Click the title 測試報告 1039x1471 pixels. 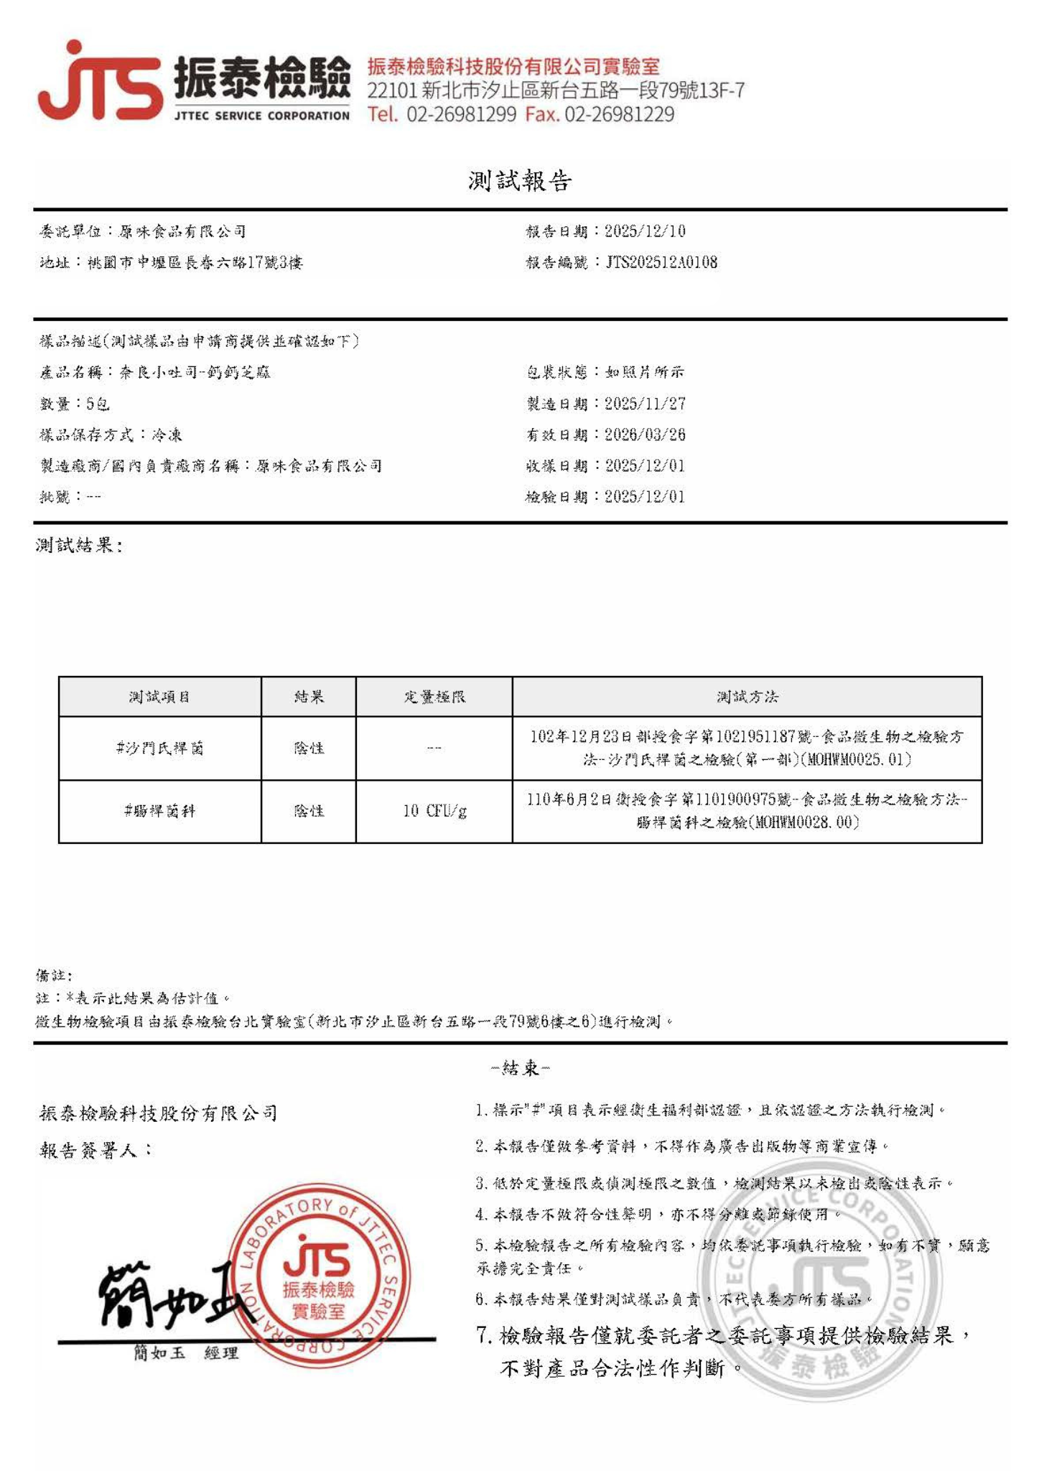coord(520,181)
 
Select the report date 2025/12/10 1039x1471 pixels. coord(645,231)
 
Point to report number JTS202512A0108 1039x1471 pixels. coord(661,262)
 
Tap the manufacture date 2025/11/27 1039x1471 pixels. coord(645,404)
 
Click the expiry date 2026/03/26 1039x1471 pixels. coord(645,435)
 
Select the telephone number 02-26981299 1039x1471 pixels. coord(461,114)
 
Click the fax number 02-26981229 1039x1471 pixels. coord(619,114)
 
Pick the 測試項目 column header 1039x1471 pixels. coord(159,697)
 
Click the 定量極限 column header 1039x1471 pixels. coord(434,697)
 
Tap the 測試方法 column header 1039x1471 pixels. coord(747,697)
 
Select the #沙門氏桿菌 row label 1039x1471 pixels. coord(159,748)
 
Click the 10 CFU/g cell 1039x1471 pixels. coord(434,812)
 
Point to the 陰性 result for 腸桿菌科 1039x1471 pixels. coord(309,812)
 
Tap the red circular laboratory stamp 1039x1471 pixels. coord(318,1275)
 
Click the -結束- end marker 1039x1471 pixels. coord(520,1068)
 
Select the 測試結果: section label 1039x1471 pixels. coord(79,546)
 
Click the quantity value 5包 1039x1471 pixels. coord(98,404)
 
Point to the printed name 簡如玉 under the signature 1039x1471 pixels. coord(159,1353)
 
